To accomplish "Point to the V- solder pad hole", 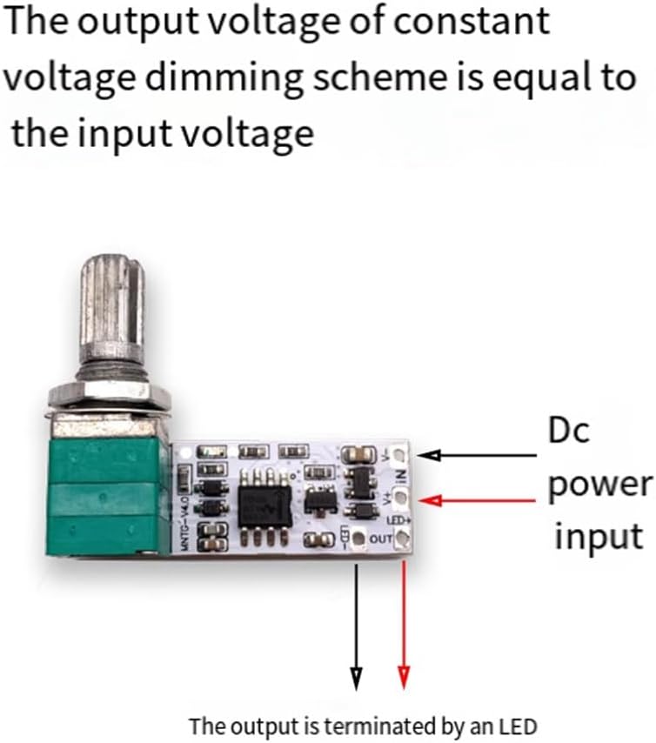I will coord(401,454).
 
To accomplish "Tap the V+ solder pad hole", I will coord(401,499).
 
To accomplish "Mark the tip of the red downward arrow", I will coord(404,683).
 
